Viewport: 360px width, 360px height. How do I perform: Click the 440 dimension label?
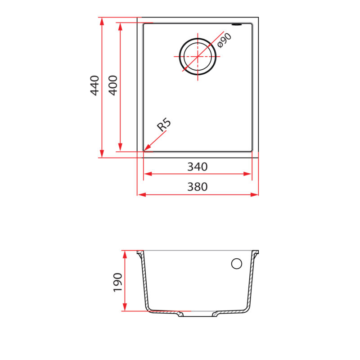(x=94, y=85)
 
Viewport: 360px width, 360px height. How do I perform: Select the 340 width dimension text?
(x=197, y=167)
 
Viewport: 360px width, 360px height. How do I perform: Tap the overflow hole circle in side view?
(x=236, y=264)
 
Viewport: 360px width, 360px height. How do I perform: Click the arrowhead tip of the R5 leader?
(x=145, y=149)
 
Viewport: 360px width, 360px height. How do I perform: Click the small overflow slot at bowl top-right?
(x=237, y=24)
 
